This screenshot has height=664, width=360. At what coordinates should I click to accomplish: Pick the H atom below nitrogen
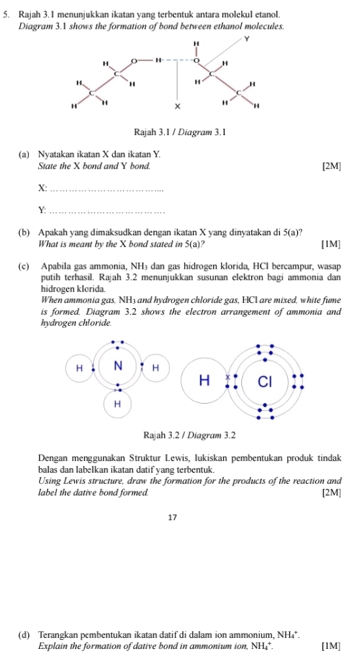[x=117, y=404]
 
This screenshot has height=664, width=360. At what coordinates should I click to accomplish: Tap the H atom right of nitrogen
[x=155, y=367]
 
